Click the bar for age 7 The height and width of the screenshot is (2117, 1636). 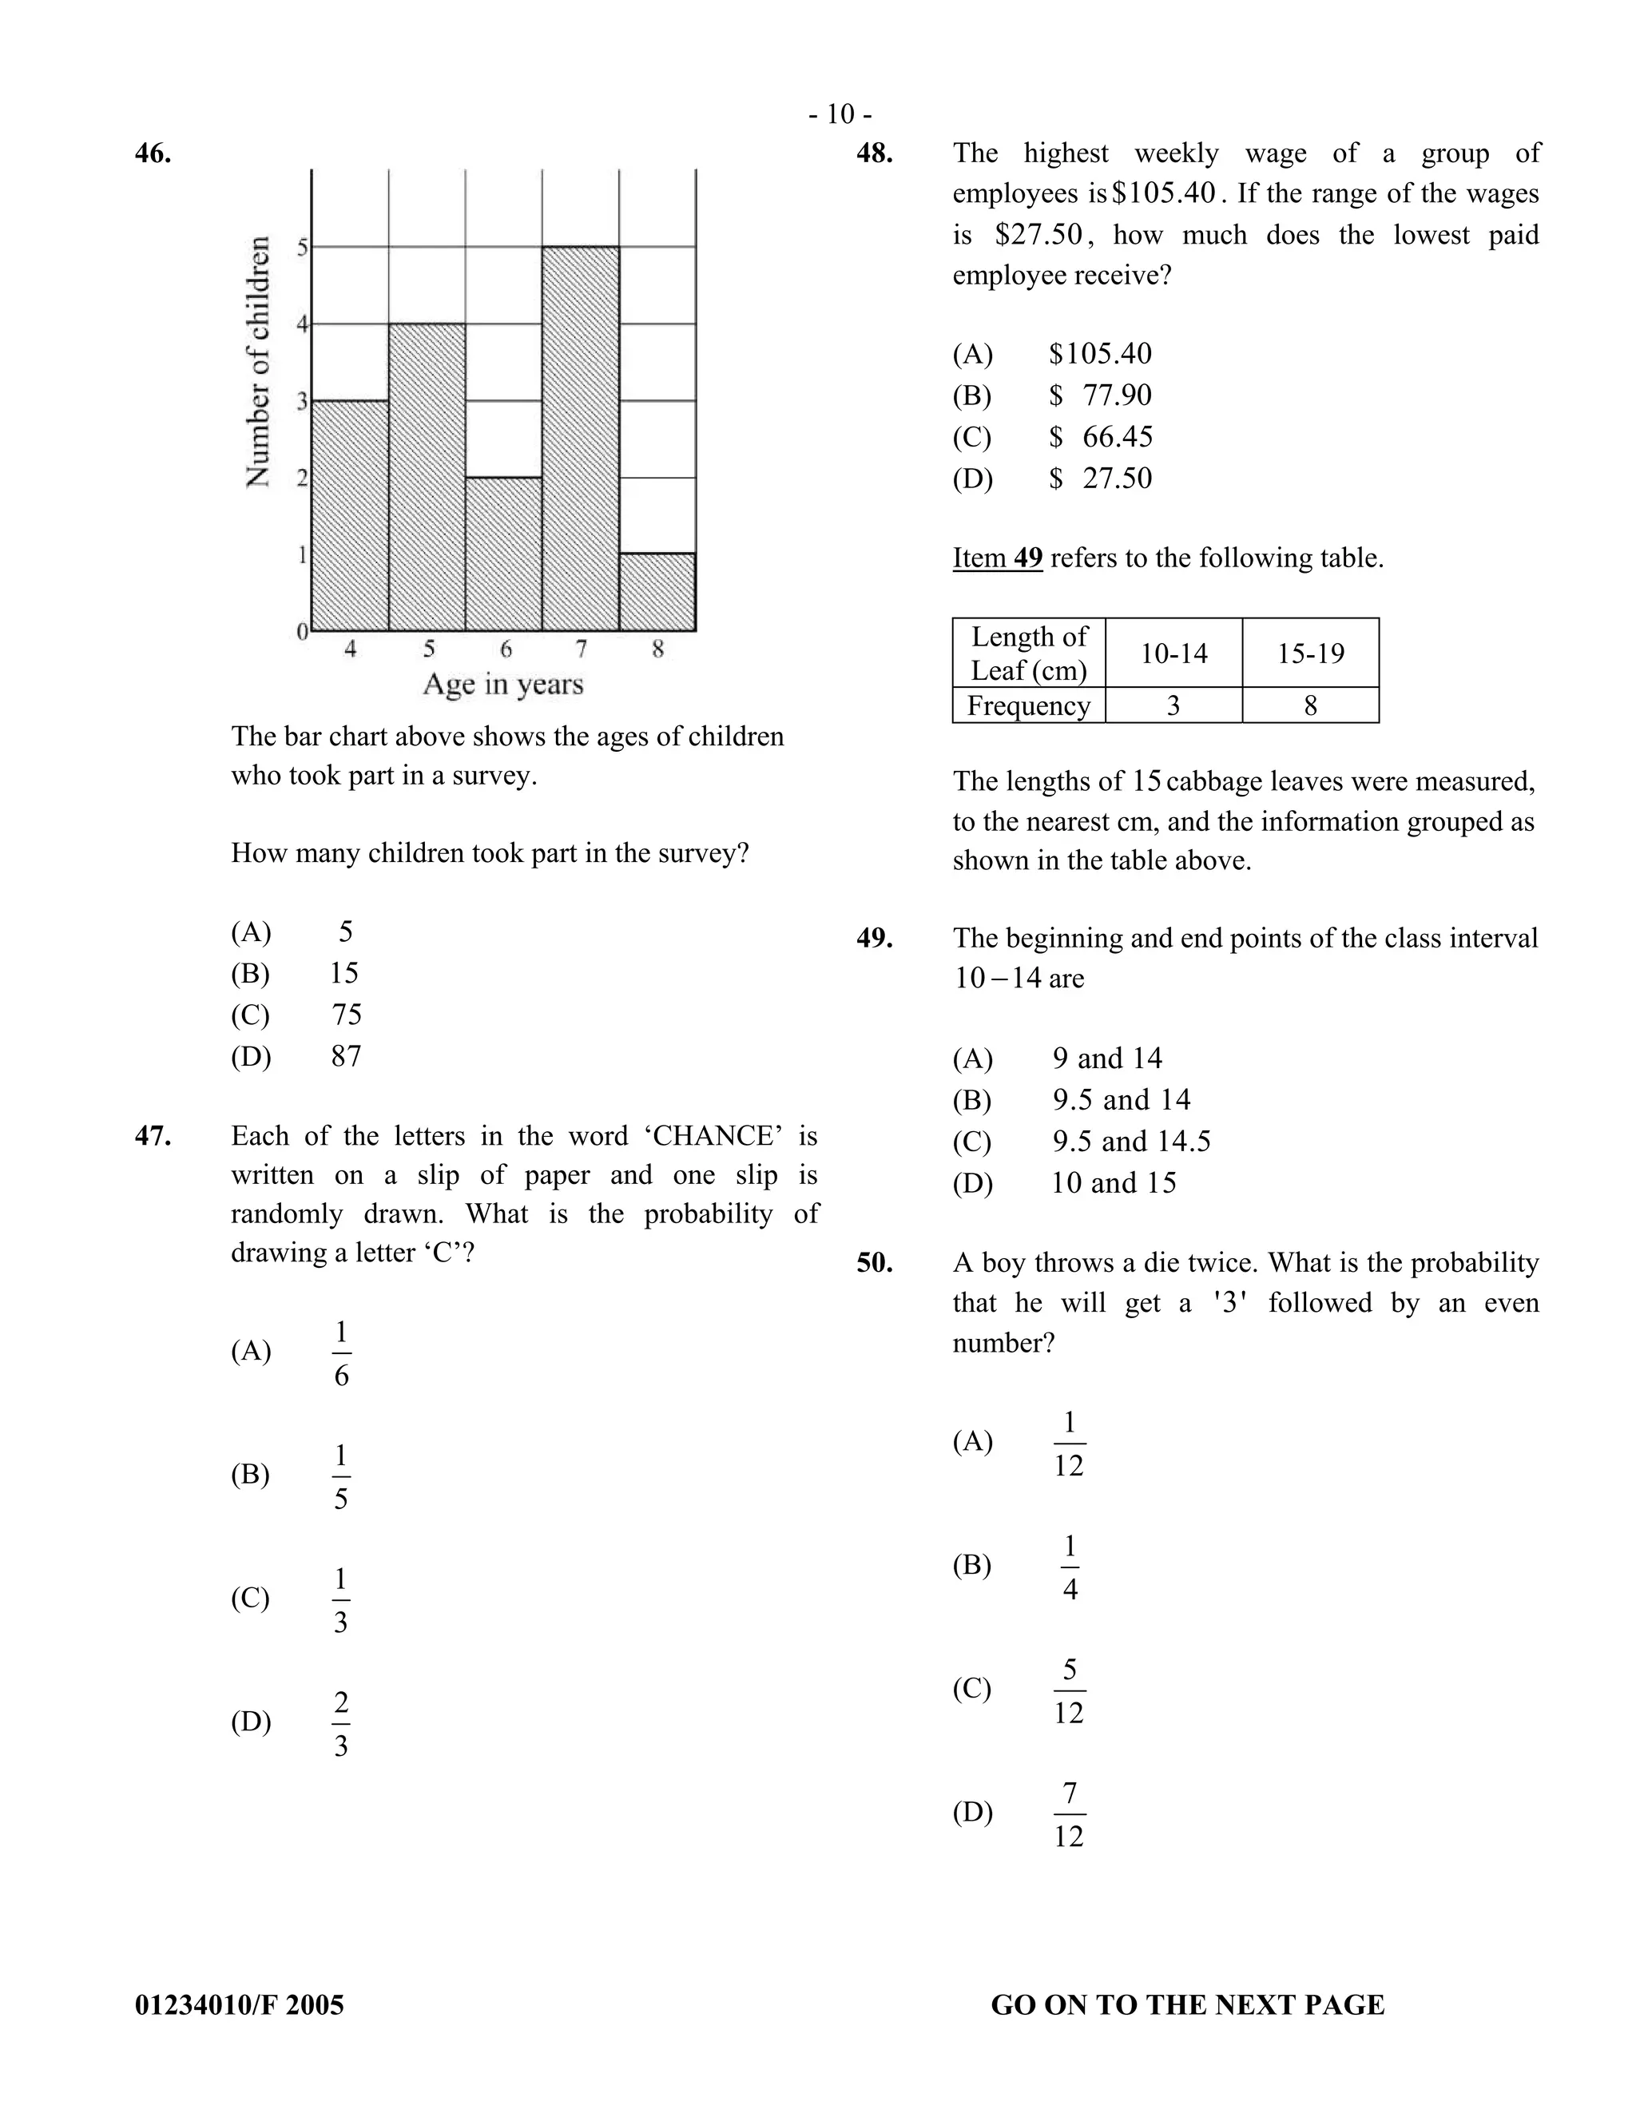581,438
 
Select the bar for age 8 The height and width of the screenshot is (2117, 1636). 657,592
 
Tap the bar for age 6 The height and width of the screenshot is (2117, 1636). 503,554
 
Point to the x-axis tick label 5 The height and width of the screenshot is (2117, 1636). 428,649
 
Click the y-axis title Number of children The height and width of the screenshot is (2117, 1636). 258,363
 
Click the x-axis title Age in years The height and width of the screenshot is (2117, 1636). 503,685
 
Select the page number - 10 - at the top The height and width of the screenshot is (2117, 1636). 840,115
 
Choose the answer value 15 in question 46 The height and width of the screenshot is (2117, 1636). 344,973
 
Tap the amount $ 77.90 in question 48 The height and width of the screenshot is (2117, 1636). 1101,395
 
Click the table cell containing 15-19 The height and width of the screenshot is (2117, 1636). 1310,653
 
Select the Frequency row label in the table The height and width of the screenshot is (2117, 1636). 1028,705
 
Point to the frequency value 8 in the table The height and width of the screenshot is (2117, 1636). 1310,705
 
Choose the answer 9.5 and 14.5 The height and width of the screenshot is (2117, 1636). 1132,1142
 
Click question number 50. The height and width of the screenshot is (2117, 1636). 874,1263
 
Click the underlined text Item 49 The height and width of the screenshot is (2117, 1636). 997,558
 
